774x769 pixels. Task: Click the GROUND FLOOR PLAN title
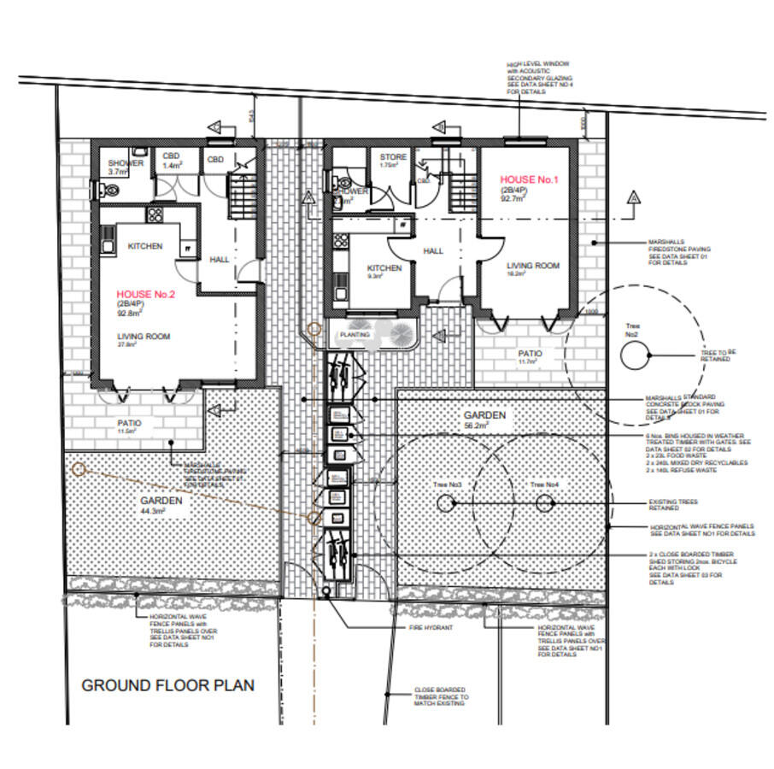(167, 685)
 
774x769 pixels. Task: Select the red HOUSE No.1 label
(529, 180)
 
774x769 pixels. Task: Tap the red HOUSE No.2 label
(146, 294)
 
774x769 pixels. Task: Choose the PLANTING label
(355, 335)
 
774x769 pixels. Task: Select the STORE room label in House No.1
(393, 157)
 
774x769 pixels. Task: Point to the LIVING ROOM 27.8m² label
(144, 340)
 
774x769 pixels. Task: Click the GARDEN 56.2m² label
(485, 420)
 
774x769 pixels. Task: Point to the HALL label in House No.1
(433, 251)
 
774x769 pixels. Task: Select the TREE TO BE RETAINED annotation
(716, 355)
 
